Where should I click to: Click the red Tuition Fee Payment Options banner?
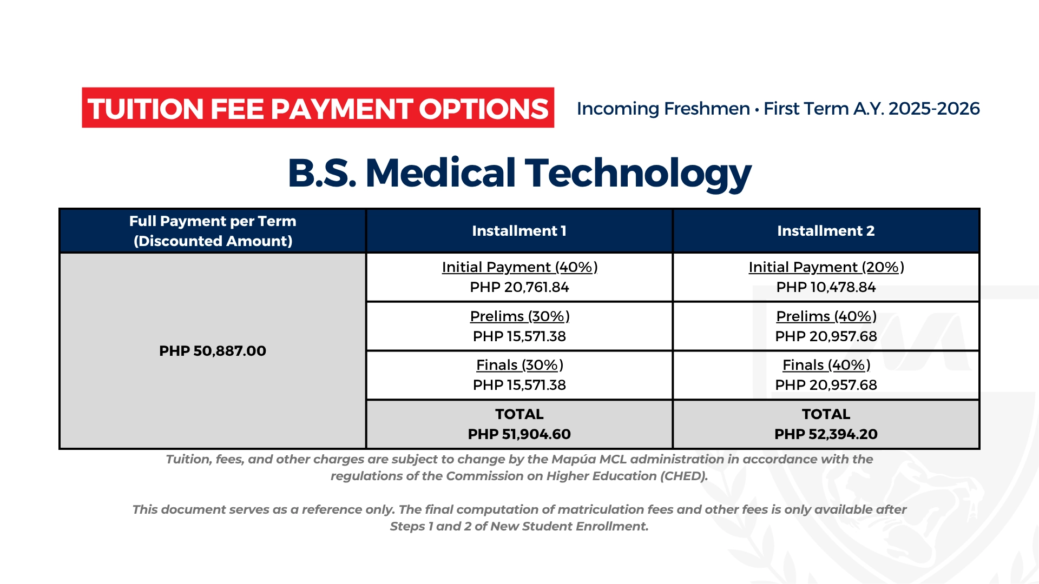click(x=318, y=108)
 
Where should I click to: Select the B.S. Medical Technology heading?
click(x=519, y=174)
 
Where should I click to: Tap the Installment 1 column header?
click(x=519, y=231)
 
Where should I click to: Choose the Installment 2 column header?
click(x=826, y=231)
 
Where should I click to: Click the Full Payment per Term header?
click(x=213, y=231)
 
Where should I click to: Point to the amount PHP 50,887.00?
click(x=213, y=351)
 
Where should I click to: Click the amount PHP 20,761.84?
click(x=519, y=287)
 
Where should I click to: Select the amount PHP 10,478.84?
click(x=826, y=287)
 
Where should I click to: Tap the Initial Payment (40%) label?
click(x=519, y=267)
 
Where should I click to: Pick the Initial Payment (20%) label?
click(x=826, y=267)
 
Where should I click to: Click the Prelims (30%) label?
click(x=519, y=316)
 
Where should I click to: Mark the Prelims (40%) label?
click(x=826, y=316)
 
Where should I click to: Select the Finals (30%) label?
click(x=519, y=365)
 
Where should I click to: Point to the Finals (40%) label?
click(x=826, y=365)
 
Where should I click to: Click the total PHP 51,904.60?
click(x=519, y=434)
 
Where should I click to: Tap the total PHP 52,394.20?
click(x=826, y=434)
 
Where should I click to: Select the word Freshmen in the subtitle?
click(x=707, y=109)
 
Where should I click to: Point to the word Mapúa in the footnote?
click(x=571, y=460)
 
